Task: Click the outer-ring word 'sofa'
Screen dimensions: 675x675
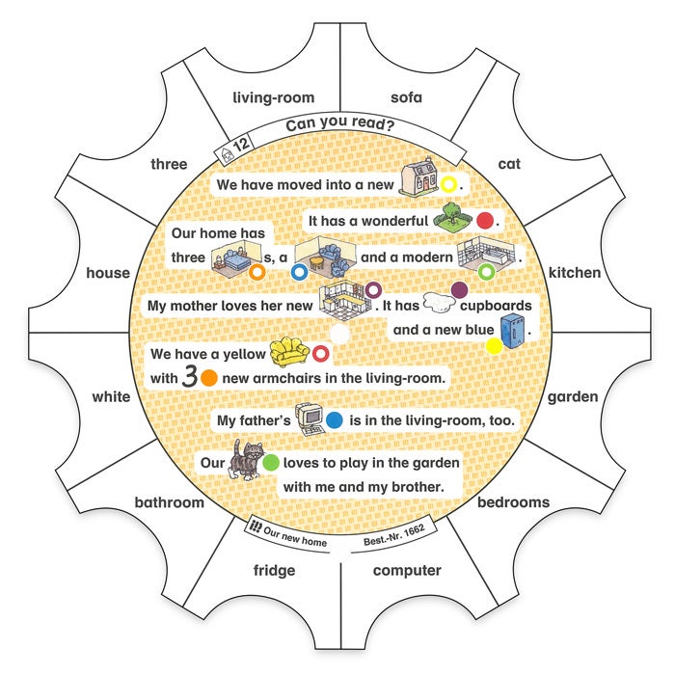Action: click(406, 97)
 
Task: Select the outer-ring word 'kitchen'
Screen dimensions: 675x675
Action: click(575, 273)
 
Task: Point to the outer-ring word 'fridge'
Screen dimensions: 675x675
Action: click(275, 570)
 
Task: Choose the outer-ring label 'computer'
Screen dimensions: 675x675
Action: click(407, 570)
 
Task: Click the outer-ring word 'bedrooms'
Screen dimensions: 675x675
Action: click(513, 502)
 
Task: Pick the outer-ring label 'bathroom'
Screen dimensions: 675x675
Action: click(170, 502)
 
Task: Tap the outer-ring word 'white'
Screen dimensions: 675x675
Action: click(111, 396)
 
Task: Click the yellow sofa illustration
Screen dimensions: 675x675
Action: click(289, 352)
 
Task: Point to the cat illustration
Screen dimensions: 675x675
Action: click(246, 461)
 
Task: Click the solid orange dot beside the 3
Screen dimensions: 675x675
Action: click(209, 378)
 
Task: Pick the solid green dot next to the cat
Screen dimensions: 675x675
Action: click(271, 463)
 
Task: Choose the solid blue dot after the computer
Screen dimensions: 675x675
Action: click(335, 420)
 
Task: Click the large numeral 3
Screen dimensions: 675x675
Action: click(189, 377)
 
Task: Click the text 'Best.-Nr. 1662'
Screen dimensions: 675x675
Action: click(393, 540)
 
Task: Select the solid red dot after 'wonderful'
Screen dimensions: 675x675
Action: click(485, 221)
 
